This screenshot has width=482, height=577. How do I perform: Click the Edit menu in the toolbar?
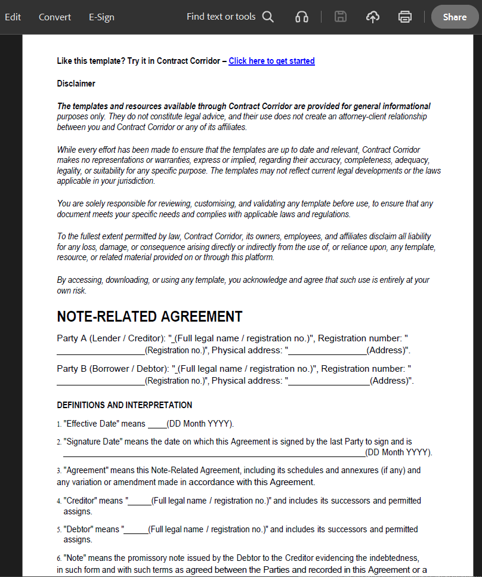(13, 17)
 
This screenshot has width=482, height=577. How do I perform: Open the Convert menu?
(55, 17)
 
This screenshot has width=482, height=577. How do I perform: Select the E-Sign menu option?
(101, 17)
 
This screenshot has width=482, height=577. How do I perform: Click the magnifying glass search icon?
(268, 17)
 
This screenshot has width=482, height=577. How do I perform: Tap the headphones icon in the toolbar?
(302, 17)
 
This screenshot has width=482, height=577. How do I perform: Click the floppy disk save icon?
(341, 17)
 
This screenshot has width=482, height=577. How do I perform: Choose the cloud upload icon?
(373, 17)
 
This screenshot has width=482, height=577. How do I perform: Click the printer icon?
(405, 17)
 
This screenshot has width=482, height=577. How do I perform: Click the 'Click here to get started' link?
(271, 61)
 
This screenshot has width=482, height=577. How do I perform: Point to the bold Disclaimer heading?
(76, 84)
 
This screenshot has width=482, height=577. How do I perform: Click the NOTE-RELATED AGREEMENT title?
(149, 316)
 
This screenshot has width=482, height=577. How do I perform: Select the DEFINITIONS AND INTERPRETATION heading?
(124, 405)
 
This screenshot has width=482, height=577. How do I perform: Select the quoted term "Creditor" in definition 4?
(82, 501)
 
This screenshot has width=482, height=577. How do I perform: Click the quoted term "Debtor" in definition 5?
(81, 529)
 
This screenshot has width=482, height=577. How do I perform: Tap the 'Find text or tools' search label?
(221, 17)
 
